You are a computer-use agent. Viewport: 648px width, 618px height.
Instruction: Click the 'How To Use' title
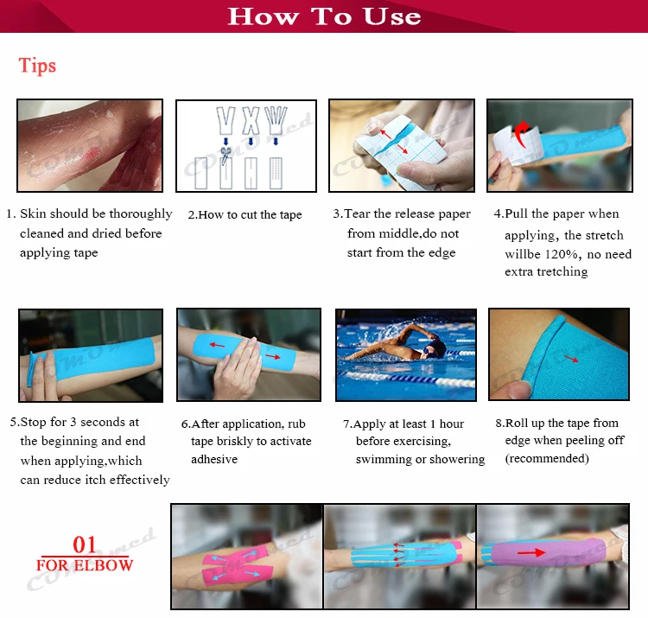point(324,16)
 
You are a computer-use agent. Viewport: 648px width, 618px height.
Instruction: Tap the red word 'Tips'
point(37,66)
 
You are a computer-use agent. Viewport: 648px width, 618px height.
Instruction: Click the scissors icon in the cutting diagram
point(226,156)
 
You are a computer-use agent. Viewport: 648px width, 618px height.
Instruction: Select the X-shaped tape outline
point(251,120)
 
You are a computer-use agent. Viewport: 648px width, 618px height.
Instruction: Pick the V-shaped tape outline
point(226,120)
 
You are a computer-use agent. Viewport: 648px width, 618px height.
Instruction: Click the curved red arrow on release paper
point(523,133)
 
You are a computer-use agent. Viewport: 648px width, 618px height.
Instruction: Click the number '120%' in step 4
point(562,254)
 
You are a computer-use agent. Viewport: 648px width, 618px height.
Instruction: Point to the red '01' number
point(85,545)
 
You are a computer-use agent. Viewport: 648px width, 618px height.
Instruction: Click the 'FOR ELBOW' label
point(85,565)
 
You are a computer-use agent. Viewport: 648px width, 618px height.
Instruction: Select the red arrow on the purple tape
point(531,552)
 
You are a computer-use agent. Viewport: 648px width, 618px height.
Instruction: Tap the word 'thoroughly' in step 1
point(141,214)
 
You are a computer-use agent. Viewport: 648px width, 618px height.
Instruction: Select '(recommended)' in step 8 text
point(547,458)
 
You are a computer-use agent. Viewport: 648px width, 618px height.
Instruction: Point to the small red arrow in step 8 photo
point(572,359)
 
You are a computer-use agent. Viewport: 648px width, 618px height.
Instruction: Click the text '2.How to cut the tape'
point(245,215)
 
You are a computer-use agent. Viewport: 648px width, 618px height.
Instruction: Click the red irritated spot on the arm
point(92,155)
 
